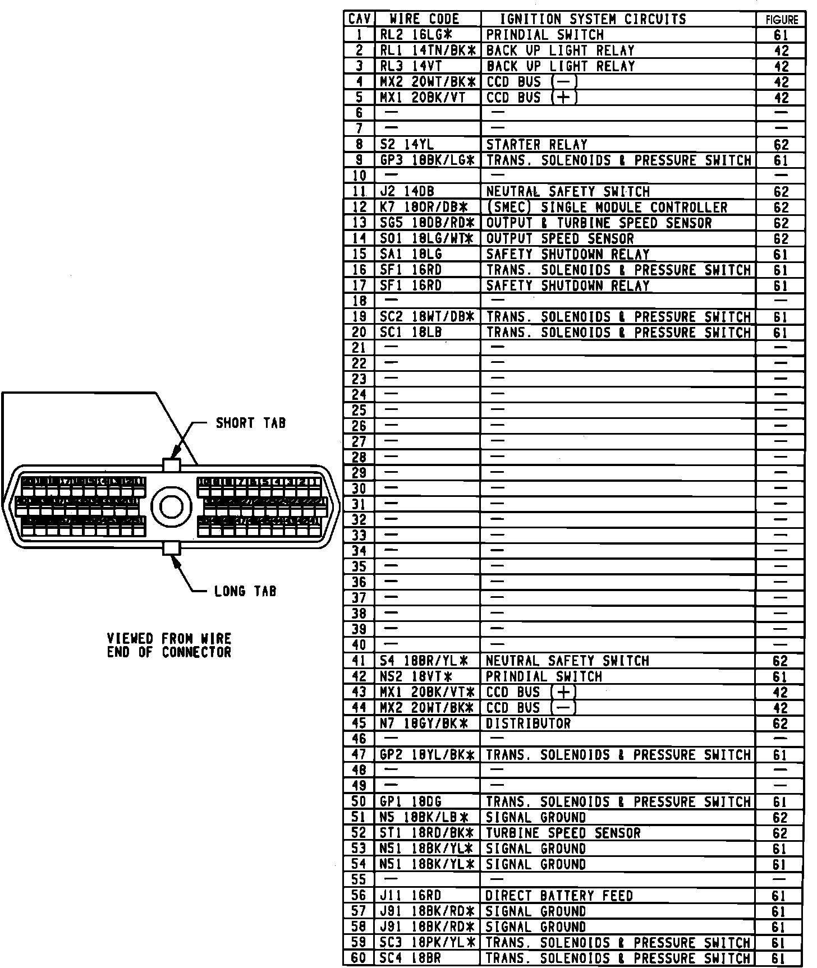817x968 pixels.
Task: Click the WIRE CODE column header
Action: pyautogui.click(x=428, y=19)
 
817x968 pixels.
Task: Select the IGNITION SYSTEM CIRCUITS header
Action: pyautogui.click(x=593, y=19)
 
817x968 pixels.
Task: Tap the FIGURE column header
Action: pyautogui.click(x=781, y=20)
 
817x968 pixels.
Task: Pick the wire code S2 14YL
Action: pyautogui.click(x=407, y=145)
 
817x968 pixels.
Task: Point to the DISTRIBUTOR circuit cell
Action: pyautogui.click(x=528, y=723)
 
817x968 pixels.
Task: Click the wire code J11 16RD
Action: pyautogui.click(x=410, y=896)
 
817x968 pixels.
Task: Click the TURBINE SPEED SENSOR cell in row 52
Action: pyautogui.click(x=563, y=833)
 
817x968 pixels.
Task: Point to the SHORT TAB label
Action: pyautogui.click(x=251, y=423)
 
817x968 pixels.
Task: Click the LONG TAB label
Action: pyautogui.click(x=245, y=591)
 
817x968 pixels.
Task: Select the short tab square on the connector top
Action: pyautogui.click(x=171, y=464)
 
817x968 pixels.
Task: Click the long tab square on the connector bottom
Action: pyautogui.click(x=171, y=548)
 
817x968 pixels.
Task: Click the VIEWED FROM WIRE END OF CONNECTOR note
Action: pyautogui.click(x=169, y=646)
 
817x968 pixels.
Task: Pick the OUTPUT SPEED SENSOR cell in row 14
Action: pyautogui.click(x=559, y=239)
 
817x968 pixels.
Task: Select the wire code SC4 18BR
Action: pyautogui.click(x=410, y=958)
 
